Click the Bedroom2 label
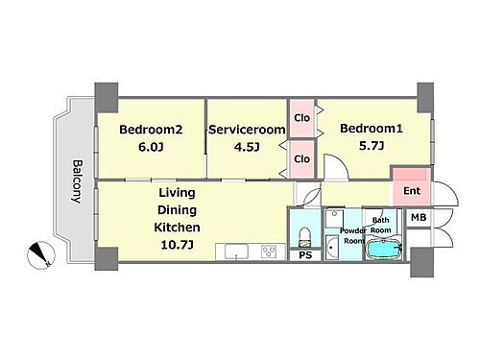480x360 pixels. click(x=151, y=130)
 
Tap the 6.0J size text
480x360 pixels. click(x=151, y=147)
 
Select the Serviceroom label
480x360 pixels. click(x=247, y=130)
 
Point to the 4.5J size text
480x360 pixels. click(x=247, y=147)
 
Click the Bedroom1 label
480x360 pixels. click(x=372, y=129)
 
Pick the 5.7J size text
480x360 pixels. click(x=372, y=146)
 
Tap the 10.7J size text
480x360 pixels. click(x=177, y=245)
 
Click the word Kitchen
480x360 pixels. click(x=177, y=228)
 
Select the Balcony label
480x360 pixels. click(x=77, y=181)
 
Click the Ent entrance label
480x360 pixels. click(x=412, y=191)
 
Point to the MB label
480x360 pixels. click(x=419, y=218)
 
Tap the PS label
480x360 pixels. click(x=305, y=255)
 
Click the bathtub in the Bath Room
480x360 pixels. click(x=383, y=249)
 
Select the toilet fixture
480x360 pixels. click(x=304, y=237)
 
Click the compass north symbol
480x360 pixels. click(x=41, y=254)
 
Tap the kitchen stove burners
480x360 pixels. click(x=269, y=252)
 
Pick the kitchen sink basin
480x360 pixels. click(x=236, y=252)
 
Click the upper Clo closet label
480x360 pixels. click(x=301, y=118)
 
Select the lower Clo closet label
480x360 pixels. click(x=301, y=158)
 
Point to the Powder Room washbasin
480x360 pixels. click(x=332, y=248)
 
